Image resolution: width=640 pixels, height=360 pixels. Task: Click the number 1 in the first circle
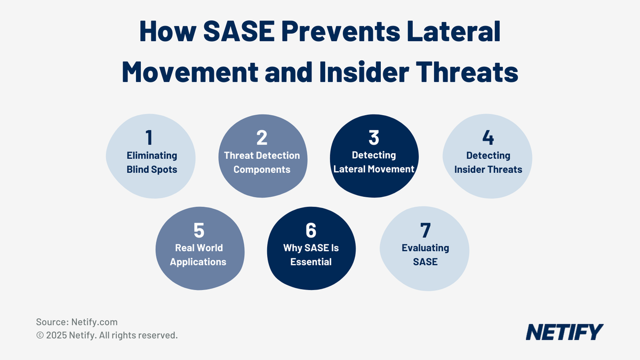[x=149, y=138]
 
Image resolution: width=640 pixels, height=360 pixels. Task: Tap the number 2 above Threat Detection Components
[x=261, y=138]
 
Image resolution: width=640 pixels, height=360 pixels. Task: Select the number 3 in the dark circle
[x=373, y=138]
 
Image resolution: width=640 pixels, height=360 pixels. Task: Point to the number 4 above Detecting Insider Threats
[x=487, y=138]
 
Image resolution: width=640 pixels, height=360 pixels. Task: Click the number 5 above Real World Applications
[x=198, y=230]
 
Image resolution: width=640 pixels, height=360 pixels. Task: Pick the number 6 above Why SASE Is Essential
[x=311, y=230]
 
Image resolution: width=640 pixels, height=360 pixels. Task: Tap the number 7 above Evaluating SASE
[x=425, y=230]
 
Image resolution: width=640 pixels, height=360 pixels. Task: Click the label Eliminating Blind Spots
[x=151, y=163]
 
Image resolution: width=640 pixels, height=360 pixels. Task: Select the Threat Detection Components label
[x=262, y=163]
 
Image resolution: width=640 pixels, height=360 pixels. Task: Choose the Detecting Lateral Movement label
[x=374, y=162]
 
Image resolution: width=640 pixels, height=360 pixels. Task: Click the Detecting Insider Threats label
[x=488, y=163]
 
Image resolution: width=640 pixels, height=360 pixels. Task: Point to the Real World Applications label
[x=199, y=255]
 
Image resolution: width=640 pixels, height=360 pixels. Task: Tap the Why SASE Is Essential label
[x=311, y=255]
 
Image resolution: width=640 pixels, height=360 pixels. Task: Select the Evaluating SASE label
[x=425, y=255]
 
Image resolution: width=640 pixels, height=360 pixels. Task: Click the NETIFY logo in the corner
[x=564, y=332]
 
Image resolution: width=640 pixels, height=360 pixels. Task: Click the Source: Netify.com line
[x=77, y=322]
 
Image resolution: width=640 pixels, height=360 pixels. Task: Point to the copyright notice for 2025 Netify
[x=107, y=335]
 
